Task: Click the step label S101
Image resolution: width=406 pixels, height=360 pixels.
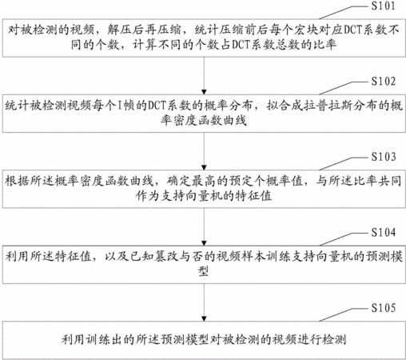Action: click(384, 6)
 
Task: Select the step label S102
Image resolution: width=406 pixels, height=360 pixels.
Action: click(384, 81)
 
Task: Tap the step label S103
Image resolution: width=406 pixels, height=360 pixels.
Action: click(384, 157)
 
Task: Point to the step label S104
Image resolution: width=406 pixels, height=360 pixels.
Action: click(384, 232)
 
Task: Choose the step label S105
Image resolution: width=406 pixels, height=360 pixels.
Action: click(384, 308)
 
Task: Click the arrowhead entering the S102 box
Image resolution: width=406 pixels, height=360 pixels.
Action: click(204, 92)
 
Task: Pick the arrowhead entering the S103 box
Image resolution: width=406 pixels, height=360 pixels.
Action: click(204, 168)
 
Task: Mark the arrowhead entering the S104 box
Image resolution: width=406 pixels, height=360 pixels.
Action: click(204, 243)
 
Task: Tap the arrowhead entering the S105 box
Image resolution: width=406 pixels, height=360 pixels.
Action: click(204, 318)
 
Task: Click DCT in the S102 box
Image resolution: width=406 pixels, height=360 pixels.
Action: click(157, 106)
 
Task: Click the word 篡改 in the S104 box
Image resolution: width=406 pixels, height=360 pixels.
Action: click(161, 257)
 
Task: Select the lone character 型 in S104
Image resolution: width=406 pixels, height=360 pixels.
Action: click(203, 271)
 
